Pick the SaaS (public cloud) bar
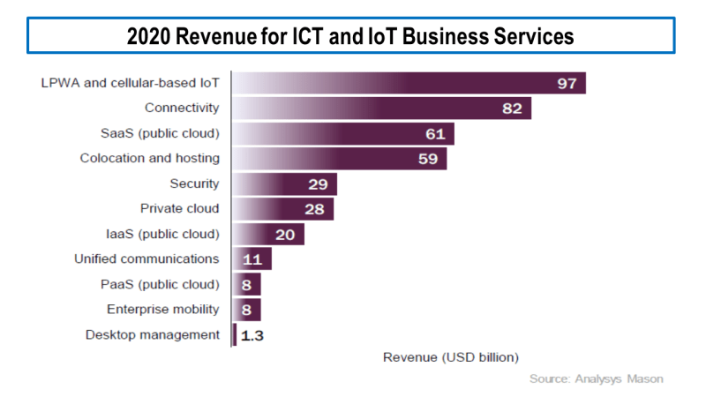[343, 133]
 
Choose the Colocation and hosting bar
[340, 159]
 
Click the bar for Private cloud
[283, 209]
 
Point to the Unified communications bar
[252, 259]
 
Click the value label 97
[566, 84]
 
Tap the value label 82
[513, 109]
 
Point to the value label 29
[319, 184]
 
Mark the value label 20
[286, 235]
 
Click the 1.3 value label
[252, 335]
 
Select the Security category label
[194, 184]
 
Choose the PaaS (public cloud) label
[161, 284]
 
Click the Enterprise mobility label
[163, 309]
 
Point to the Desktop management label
[153, 334]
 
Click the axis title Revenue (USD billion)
[451, 357]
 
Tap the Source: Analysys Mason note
[596, 378]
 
